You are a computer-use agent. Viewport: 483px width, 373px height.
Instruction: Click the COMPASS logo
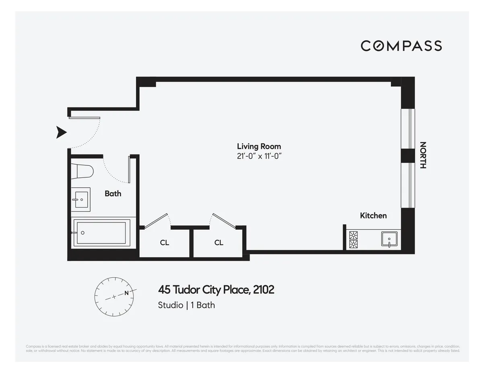(401, 46)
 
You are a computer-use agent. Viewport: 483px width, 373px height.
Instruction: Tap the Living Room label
(259, 146)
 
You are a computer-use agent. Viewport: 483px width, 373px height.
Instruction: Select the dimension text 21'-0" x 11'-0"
(259, 157)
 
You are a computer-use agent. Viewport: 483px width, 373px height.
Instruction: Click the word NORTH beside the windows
(423, 155)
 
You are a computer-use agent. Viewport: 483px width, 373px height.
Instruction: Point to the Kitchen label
(373, 216)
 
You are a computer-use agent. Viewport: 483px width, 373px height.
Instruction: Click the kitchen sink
(389, 239)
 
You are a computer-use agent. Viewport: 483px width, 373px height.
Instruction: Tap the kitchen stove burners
(353, 240)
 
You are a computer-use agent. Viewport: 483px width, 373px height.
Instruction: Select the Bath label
(113, 194)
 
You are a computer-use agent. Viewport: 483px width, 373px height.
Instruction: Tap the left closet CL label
(164, 243)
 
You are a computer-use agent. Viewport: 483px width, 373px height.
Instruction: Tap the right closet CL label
(219, 243)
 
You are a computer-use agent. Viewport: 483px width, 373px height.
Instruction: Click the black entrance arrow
(61, 132)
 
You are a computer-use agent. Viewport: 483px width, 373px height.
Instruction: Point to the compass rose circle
(114, 297)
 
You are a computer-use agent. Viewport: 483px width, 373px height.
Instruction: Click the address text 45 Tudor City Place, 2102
(216, 290)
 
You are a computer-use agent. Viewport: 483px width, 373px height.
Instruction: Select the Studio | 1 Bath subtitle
(186, 305)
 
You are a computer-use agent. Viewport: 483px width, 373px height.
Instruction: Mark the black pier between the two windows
(407, 155)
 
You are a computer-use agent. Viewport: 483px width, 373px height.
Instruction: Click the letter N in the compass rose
(127, 293)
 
